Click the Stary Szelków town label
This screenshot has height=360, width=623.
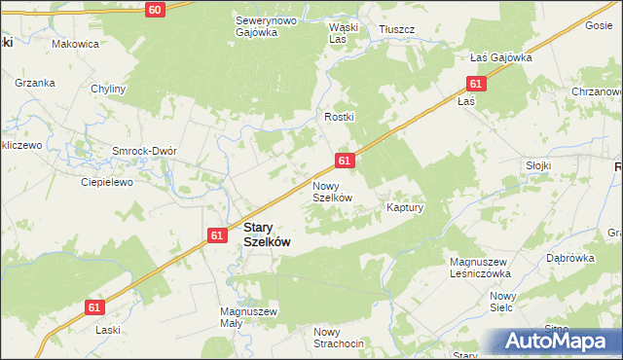(266, 235)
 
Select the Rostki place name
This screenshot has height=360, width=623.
(340, 117)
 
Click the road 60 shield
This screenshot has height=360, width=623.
(155, 9)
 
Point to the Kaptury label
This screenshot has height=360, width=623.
(406, 208)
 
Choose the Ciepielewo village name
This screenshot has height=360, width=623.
(105, 181)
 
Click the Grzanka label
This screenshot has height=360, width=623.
(34, 83)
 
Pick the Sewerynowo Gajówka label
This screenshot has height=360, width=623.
(257, 25)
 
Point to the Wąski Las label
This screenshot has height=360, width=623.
(344, 34)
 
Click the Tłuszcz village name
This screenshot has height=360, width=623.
(397, 30)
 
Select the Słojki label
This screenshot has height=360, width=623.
(537, 165)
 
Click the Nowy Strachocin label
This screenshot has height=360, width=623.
(339, 339)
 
